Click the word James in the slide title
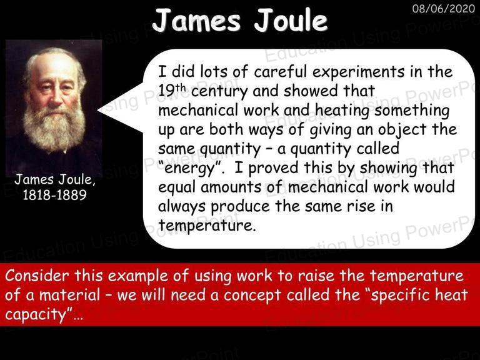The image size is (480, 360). [196, 20]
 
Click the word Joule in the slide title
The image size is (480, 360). [291, 20]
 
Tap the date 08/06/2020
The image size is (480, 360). [443, 8]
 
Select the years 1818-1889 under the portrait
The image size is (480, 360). [55, 195]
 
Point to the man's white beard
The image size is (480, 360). [54, 129]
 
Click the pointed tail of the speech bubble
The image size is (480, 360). [99, 109]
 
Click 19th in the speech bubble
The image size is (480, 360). [172, 90]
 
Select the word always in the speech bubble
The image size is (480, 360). [182, 207]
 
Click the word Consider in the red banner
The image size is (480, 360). [37, 276]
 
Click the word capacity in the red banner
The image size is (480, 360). [36, 315]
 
